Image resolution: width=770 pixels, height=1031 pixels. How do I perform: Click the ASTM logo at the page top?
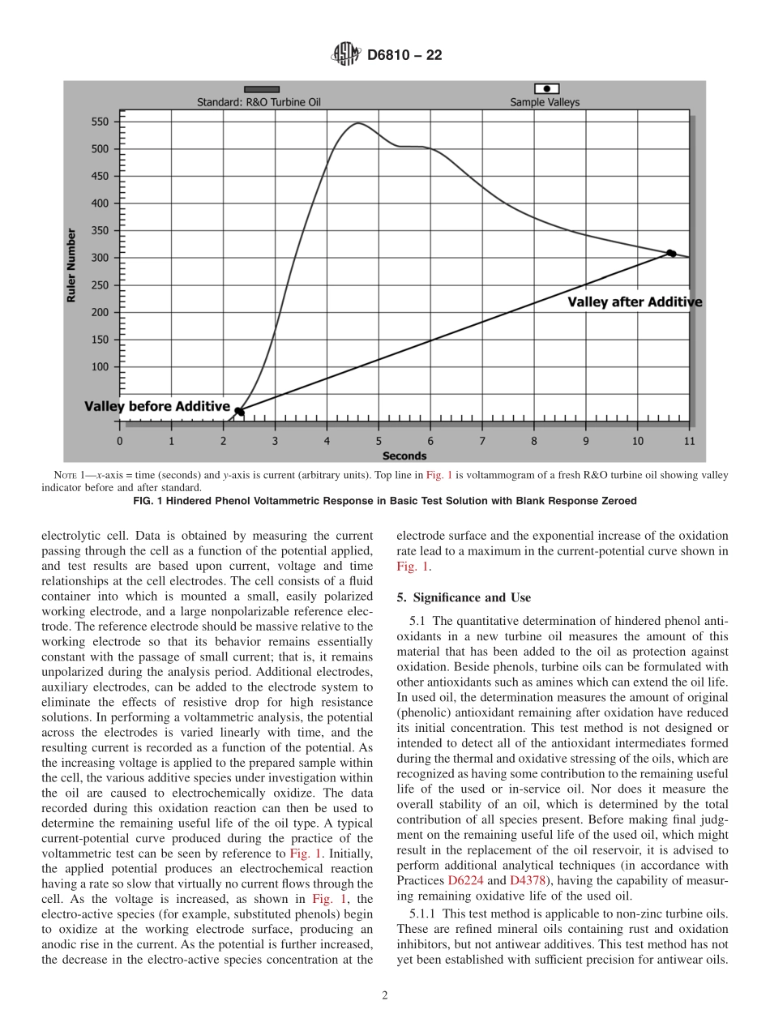point(344,55)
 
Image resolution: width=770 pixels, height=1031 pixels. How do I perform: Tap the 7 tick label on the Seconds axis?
point(482,442)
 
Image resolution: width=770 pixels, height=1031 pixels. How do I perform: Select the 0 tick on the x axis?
point(120,442)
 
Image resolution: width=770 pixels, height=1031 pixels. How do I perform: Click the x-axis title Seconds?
point(404,456)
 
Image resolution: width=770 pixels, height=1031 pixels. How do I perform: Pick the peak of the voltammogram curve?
point(357,123)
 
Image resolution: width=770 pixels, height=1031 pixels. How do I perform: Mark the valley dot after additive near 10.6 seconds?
point(671,254)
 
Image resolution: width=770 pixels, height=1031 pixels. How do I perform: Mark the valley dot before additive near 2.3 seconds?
point(238,411)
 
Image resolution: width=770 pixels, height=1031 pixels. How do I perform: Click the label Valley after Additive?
point(634,302)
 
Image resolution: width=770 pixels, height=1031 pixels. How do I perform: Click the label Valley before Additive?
point(157,406)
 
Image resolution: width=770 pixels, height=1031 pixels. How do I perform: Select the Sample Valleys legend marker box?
point(546,88)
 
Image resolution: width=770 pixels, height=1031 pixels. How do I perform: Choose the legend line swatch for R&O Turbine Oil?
point(262,89)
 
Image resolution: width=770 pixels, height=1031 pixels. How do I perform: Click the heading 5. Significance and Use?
point(464,598)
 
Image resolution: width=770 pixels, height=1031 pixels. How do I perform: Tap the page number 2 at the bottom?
point(385,995)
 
